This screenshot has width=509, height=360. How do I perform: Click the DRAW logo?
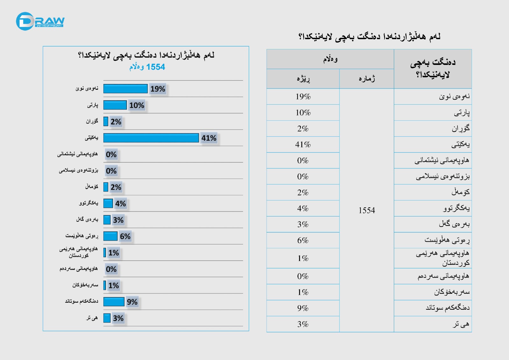click(40, 21)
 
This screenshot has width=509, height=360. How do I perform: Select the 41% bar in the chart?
click(151, 138)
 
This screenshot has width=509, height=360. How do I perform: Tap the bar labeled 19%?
click(125, 88)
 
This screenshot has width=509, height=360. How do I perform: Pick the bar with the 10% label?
click(115, 105)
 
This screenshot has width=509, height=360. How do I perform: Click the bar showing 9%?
click(114, 301)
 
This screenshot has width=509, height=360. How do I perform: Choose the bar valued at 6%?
click(110, 236)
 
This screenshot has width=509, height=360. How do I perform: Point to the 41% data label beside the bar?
click(209, 138)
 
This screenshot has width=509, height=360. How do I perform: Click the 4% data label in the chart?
click(121, 204)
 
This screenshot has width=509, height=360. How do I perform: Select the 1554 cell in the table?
click(366, 210)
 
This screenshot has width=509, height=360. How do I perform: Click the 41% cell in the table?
click(303, 145)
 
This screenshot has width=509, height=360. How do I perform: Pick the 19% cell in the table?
click(303, 97)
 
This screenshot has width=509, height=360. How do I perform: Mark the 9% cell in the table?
click(303, 308)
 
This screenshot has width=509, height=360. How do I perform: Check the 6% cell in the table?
click(303, 240)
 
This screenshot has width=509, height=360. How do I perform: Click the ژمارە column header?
click(366, 79)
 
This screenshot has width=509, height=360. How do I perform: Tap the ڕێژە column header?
click(303, 79)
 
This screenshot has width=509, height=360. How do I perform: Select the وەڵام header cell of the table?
click(330, 59)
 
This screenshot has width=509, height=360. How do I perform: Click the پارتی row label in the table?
click(462, 113)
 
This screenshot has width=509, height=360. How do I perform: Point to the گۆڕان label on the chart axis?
click(92, 121)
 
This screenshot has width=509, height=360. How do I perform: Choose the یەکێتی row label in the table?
click(460, 145)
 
